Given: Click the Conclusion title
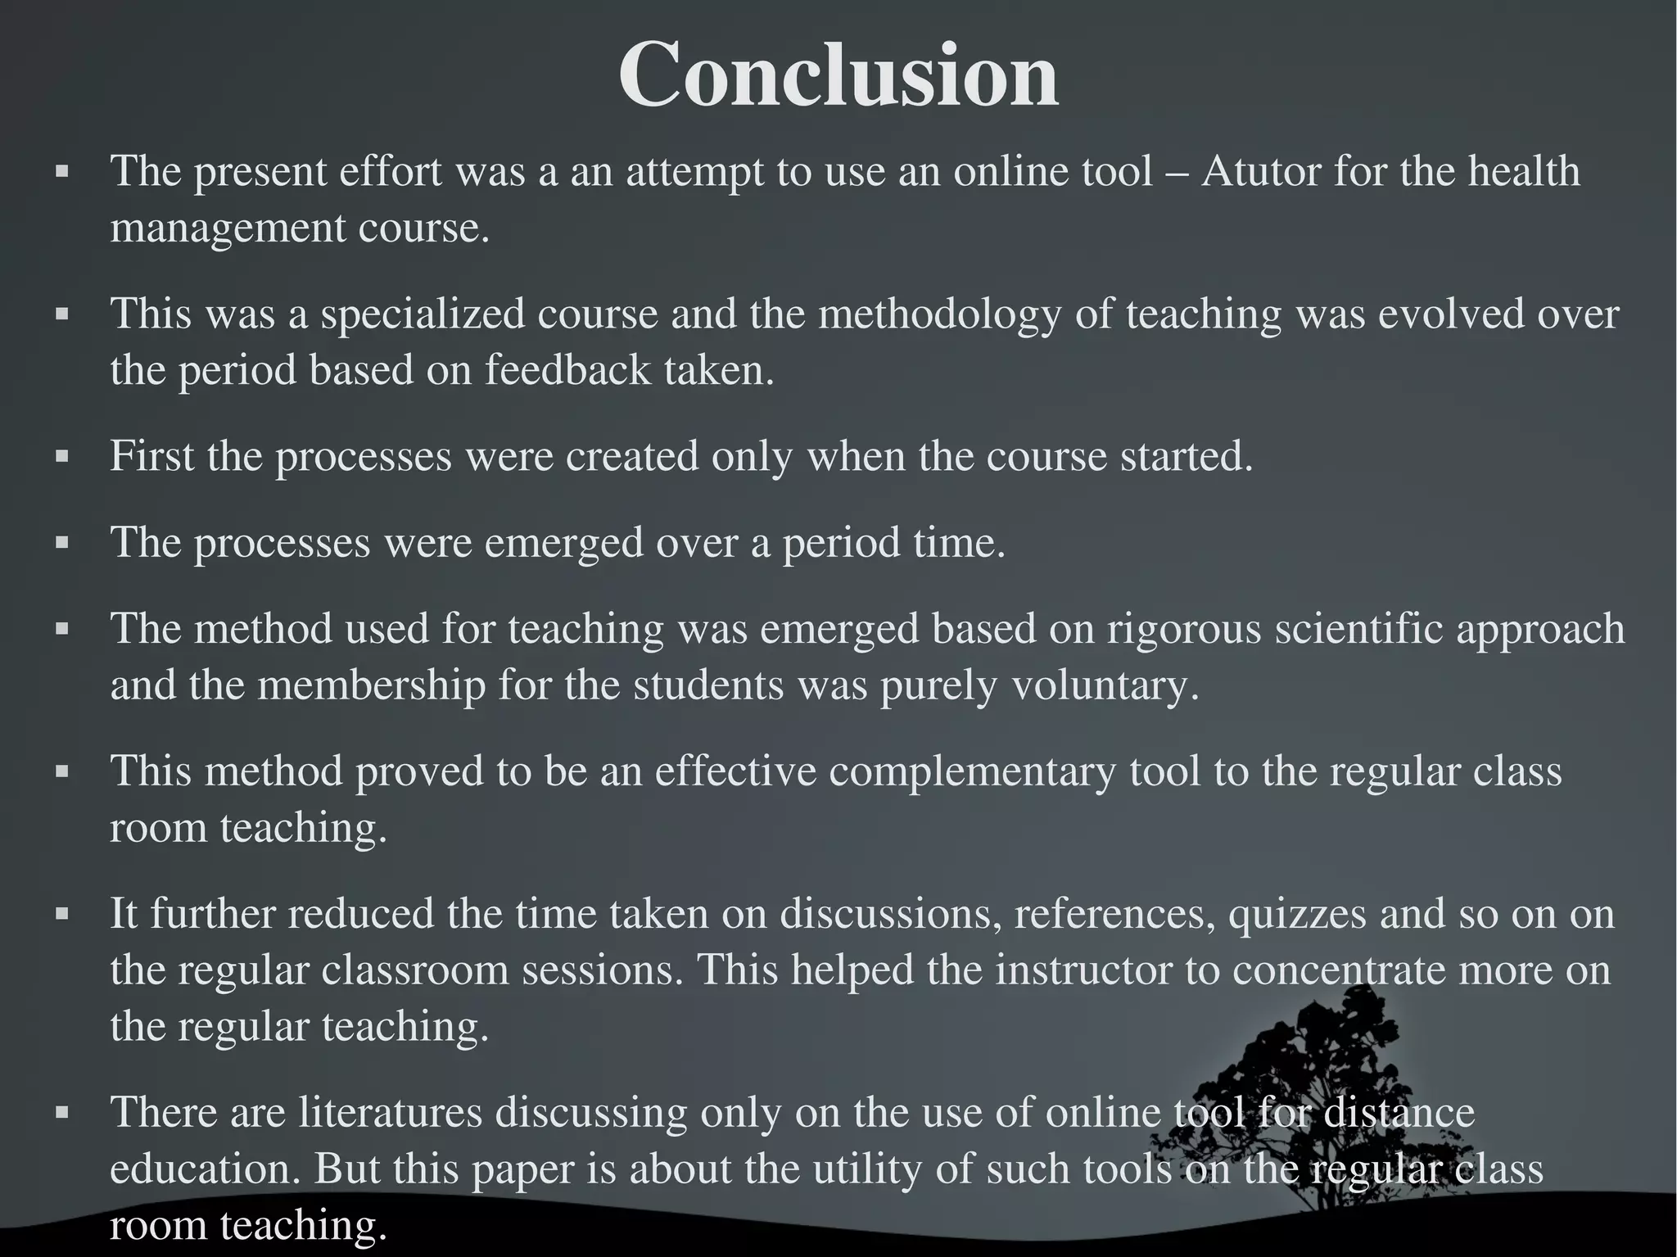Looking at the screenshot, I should click(x=838, y=75).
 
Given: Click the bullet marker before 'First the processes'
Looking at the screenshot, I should click(x=61, y=458).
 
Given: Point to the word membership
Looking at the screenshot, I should click(x=372, y=685).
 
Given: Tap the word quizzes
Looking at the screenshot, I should click(x=1297, y=914).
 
